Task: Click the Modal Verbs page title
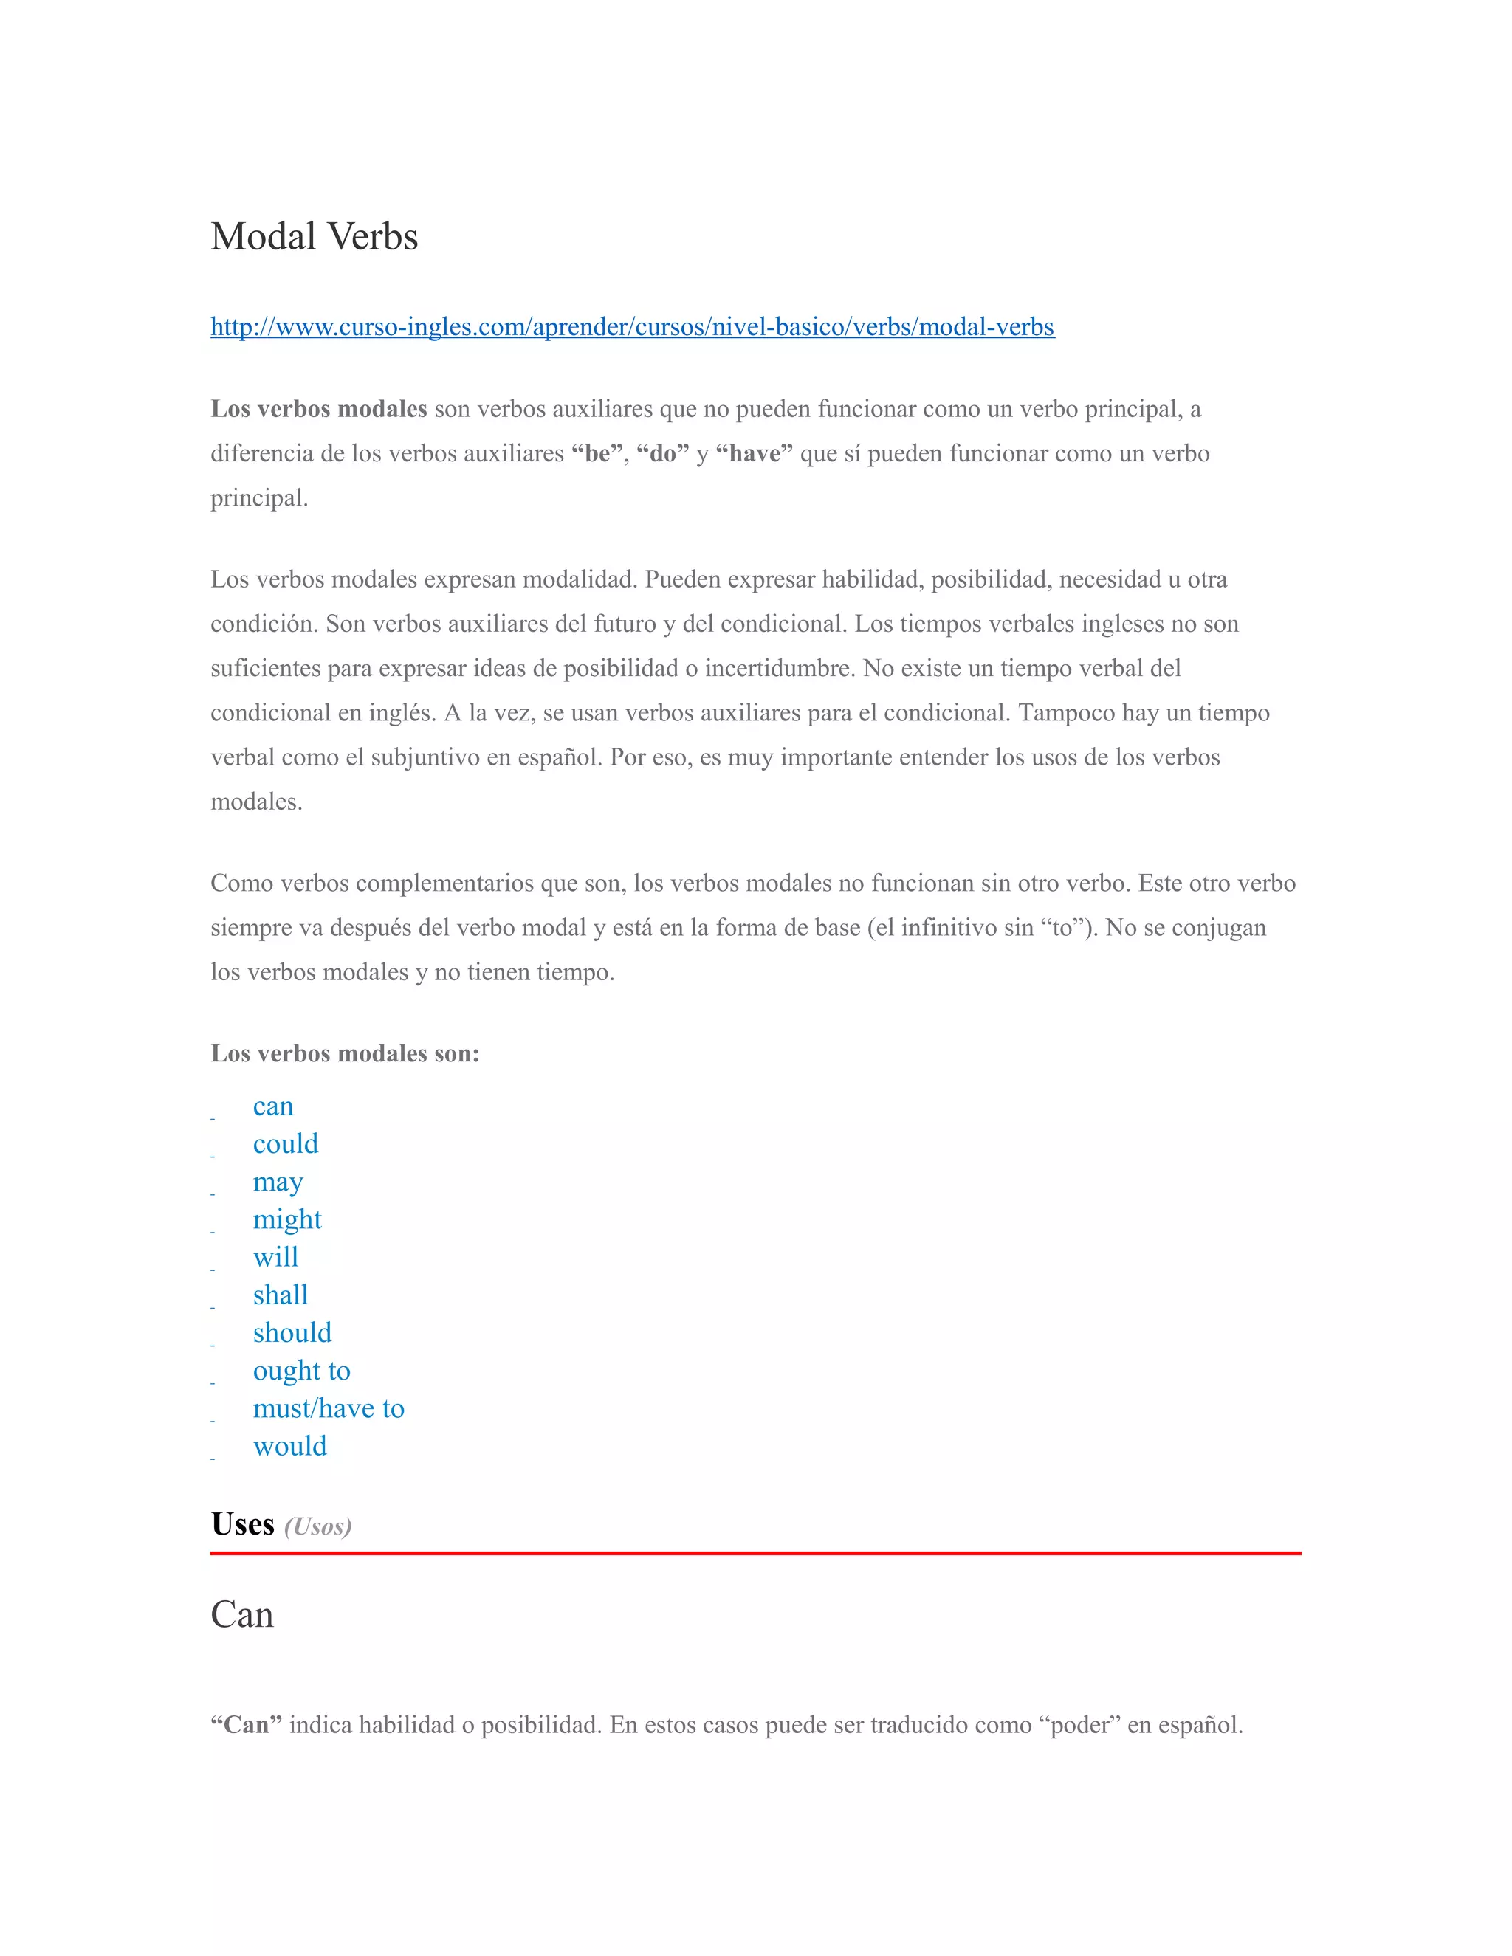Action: (315, 236)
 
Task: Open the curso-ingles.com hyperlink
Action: (633, 327)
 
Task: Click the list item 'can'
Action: (273, 1107)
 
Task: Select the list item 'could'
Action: (286, 1145)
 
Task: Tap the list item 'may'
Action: (278, 1182)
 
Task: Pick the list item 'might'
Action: (286, 1220)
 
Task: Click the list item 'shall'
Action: (281, 1295)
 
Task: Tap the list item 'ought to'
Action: (302, 1371)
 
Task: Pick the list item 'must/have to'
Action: (329, 1409)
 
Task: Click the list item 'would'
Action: (289, 1447)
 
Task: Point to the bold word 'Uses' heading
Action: (243, 1524)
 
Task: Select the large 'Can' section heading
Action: (242, 1615)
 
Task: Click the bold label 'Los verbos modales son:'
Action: (345, 1053)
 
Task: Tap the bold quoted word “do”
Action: (663, 454)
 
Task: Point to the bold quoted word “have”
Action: (755, 454)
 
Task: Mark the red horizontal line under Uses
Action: (755, 1553)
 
